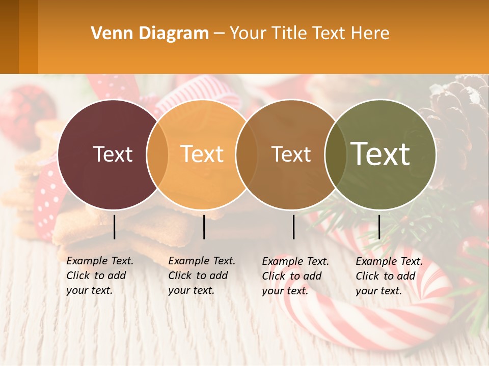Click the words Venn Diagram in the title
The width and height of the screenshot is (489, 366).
pos(149,34)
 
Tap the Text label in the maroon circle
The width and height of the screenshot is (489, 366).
pos(113,155)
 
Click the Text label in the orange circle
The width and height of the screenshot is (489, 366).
pos(202,155)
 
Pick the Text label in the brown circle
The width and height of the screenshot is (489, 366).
pos(291,155)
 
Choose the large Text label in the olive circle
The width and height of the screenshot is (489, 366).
pos(381,154)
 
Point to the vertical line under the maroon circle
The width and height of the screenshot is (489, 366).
pos(115,227)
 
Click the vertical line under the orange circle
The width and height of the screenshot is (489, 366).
pos(204,227)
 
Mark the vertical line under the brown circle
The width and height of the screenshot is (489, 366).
pos(294,227)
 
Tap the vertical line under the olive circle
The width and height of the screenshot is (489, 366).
pos(379,227)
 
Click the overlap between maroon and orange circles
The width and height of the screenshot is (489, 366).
pos(157,155)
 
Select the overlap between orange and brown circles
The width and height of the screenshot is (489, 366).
pos(247,155)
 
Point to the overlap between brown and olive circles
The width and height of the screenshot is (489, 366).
pos(335,155)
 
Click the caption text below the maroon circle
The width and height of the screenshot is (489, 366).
pos(99,276)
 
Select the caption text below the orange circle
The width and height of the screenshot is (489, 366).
pos(201,276)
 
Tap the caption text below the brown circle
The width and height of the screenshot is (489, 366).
pos(295,276)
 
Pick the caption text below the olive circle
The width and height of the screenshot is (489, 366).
pos(389,276)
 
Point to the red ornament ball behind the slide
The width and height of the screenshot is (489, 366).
pos(25,109)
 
